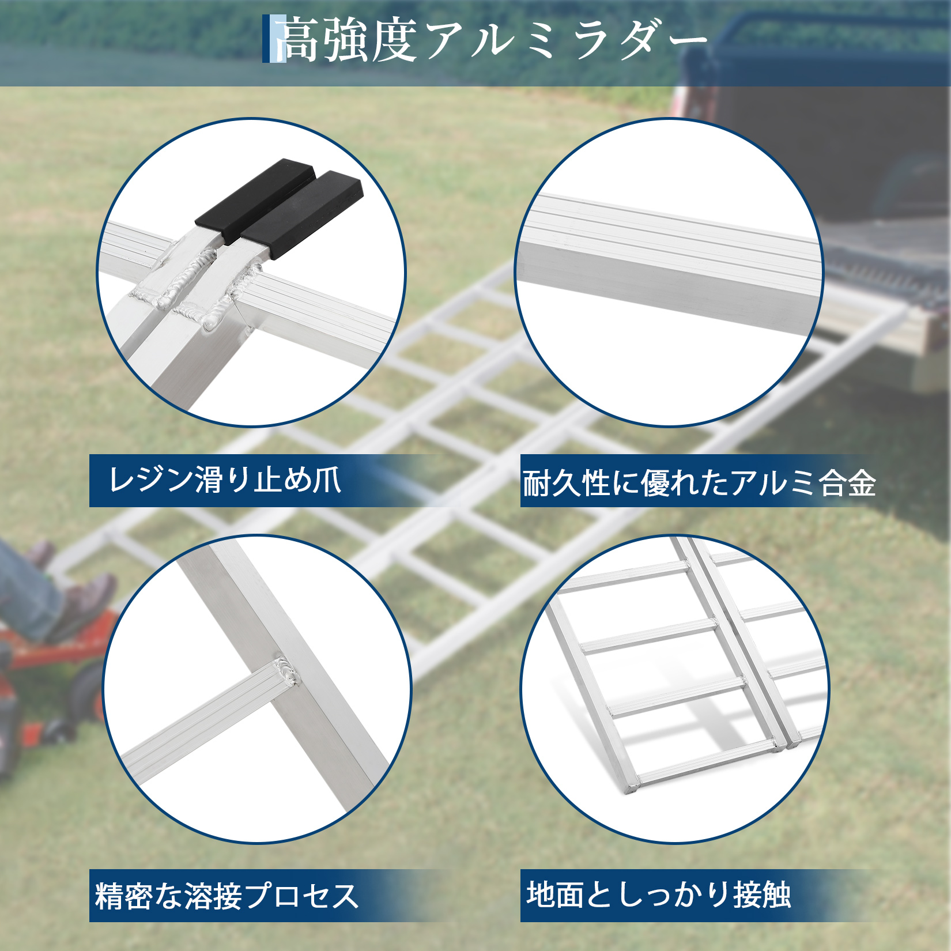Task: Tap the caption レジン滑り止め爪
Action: (225, 480)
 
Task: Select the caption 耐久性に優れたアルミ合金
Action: (699, 482)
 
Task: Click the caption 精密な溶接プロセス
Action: (227, 896)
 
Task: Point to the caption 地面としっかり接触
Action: (659, 895)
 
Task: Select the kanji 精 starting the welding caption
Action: (110, 896)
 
